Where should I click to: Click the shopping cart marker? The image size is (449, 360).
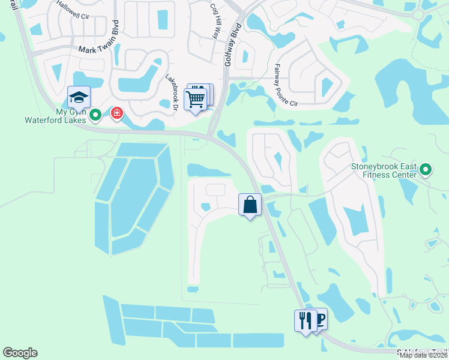pyautogui.click(x=196, y=99)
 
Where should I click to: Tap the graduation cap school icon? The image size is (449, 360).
pyautogui.click(x=79, y=98)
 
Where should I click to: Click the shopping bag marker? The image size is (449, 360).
pyautogui.click(x=250, y=205)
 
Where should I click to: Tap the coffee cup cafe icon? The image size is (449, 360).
pyautogui.click(x=319, y=318)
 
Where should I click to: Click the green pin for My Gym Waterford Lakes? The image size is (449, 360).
pyautogui.click(x=95, y=113)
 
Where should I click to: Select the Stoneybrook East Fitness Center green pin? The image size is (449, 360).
pyautogui.click(x=426, y=170)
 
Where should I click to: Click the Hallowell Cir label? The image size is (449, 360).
pyautogui.click(x=71, y=10)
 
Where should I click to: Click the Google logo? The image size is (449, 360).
pyautogui.click(x=20, y=353)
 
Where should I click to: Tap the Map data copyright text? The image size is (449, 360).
pyautogui.click(x=424, y=355)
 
